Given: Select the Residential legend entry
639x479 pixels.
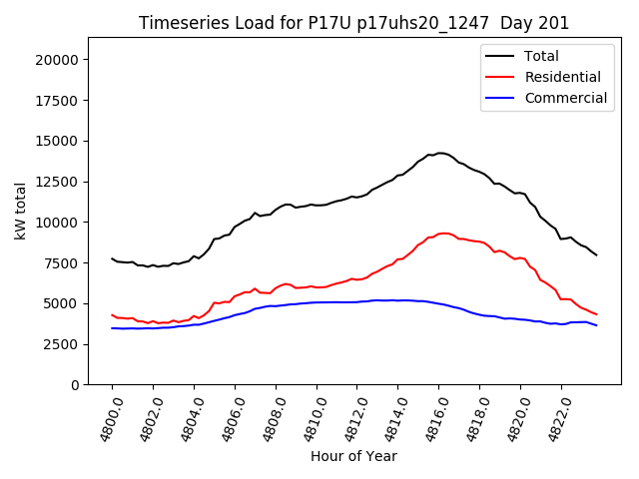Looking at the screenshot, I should coord(562,77).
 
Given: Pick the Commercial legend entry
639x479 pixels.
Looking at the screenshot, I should coord(565,98).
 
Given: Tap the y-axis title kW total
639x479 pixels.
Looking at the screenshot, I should coord(21,212).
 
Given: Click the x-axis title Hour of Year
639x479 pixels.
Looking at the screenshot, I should coord(353,456).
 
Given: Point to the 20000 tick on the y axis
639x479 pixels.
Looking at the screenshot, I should coord(56,60).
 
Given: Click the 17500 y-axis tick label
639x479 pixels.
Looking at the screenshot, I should coord(56,101).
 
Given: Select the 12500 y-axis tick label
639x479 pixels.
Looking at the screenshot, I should coord(56,182).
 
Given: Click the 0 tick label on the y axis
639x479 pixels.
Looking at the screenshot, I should coord(74,385).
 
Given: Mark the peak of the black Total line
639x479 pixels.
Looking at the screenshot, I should coord(439,153).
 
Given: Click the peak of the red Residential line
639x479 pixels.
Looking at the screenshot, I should coord(442,234).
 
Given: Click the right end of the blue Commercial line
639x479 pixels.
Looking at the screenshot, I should coord(597,325).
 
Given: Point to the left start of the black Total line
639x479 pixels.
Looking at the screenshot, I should coord(112,258).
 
